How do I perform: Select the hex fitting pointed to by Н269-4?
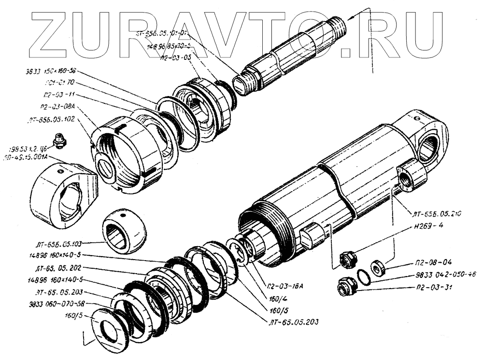[x=348, y=259]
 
